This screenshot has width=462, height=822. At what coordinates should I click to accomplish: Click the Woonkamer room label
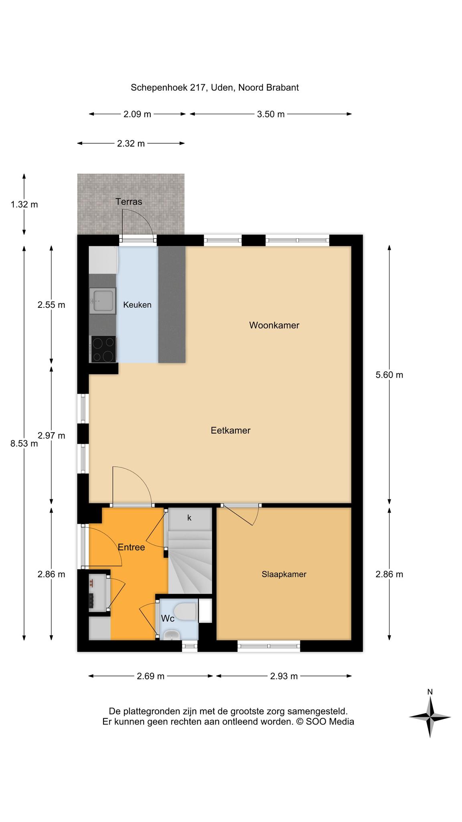pyautogui.click(x=274, y=325)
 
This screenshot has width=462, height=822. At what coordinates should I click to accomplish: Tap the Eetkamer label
pyautogui.click(x=231, y=430)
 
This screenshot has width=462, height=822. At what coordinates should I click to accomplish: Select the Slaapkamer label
pyautogui.click(x=284, y=574)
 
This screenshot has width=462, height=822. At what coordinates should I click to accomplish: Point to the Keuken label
pyautogui.click(x=137, y=305)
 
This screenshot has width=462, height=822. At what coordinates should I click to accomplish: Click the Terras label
pyautogui.click(x=129, y=201)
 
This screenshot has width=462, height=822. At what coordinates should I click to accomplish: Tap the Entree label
pyautogui.click(x=131, y=547)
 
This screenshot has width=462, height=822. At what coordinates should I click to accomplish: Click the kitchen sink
pyautogui.click(x=102, y=300)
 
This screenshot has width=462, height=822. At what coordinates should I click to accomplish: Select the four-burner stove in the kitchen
pyautogui.click(x=104, y=349)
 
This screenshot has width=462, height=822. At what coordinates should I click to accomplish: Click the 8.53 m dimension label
pyautogui.click(x=24, y=444)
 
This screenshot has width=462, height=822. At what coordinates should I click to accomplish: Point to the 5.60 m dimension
pyautogui.click(x=389, y=375)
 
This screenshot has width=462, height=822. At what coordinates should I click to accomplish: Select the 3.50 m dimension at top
pyautogui.click(x=271, y=114)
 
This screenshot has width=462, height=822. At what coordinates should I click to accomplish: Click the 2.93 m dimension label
pyautogui.click(x=284, y=676)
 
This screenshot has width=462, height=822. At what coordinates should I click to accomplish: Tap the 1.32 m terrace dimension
pyautogui.click(x=24, y=204)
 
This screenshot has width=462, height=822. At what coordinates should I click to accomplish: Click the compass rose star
pyautogui.click(x=430, y=717)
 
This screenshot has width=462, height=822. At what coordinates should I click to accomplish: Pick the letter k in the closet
pyautogui.click(x=189, y=518)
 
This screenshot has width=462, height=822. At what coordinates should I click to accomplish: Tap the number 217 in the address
pyautogui.click(x=198, y=87)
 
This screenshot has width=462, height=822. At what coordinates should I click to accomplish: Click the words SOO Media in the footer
pyautogui.click(x=330, y=721)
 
